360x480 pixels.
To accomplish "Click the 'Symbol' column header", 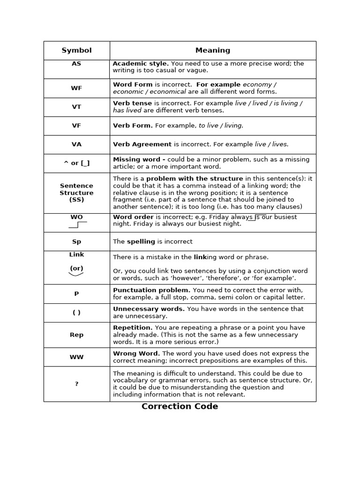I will point(76,50).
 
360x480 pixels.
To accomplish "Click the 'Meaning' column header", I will point(212,50).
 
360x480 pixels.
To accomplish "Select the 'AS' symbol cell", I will point(76,63).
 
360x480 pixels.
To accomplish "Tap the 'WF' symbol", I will point(76,88).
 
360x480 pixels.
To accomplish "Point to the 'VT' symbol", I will point(76,107).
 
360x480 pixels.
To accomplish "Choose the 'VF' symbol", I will point(76,126).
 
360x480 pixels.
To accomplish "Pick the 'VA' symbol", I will point(76,144).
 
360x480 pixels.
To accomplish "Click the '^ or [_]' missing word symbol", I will point(76,163).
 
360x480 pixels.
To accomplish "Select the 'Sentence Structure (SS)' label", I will point(76,193).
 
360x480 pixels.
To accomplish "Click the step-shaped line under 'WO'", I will point(77,225).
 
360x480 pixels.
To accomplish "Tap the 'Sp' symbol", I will point(76,241).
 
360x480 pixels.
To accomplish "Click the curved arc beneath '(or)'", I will point(76,274).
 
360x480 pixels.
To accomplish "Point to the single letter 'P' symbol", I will point(76,294).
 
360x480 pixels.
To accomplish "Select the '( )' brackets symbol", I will point(76,313).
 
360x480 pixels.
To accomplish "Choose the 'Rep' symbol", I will point(76,335).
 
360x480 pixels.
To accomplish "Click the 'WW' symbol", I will point(76,357).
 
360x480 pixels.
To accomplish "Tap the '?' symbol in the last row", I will point(76,384).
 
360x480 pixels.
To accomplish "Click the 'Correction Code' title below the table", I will point(180,406).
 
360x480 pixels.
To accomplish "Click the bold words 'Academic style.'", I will point(141,63).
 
